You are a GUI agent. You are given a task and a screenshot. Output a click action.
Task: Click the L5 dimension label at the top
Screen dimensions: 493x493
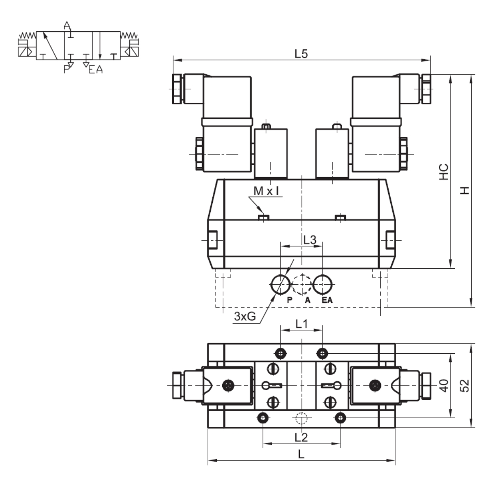pyautogui.click(x=301, y=54)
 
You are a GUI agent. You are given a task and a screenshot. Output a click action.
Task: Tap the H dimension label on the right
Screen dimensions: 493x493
pyautogui.click(x=465, y=190)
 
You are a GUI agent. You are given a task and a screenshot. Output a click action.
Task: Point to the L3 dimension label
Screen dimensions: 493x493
pyautogui.click(x=310, y=240)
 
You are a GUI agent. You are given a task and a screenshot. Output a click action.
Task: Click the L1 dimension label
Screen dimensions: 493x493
pyautogui.click(x=302, y=324)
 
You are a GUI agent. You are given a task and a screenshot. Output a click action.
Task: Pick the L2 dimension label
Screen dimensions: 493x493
pyautogui.click(x=301, y=437)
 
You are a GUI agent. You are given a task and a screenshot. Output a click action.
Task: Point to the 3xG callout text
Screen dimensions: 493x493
pyautogui.click(x=245, y=316)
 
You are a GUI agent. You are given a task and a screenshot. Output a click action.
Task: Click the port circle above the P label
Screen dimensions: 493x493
pyautogui.click(x=281, y=284)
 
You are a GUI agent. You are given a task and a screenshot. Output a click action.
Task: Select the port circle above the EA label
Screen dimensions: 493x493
pyautogui.click(x=323, y=284)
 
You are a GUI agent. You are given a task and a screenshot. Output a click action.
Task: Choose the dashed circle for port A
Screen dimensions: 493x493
pyautogui.click(x=302, y=284)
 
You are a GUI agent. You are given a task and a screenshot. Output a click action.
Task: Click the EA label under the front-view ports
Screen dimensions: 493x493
pyautogui.click(x=327, y=300)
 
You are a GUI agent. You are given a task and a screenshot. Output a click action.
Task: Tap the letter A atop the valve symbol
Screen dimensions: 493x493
pyautogui.click(x=67, y=25)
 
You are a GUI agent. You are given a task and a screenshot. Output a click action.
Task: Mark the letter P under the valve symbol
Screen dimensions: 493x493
pyautogui.click(x=66, y=69)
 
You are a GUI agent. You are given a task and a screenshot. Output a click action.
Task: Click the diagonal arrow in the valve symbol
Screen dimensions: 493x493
pyautogui.click(x=50, y=46)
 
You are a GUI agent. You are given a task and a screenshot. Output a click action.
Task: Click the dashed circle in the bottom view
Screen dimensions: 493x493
pyautogui.click(x=302, y=418)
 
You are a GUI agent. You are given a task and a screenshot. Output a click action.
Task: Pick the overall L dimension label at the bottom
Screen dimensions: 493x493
pyautogui.click(x=301, y=454)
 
